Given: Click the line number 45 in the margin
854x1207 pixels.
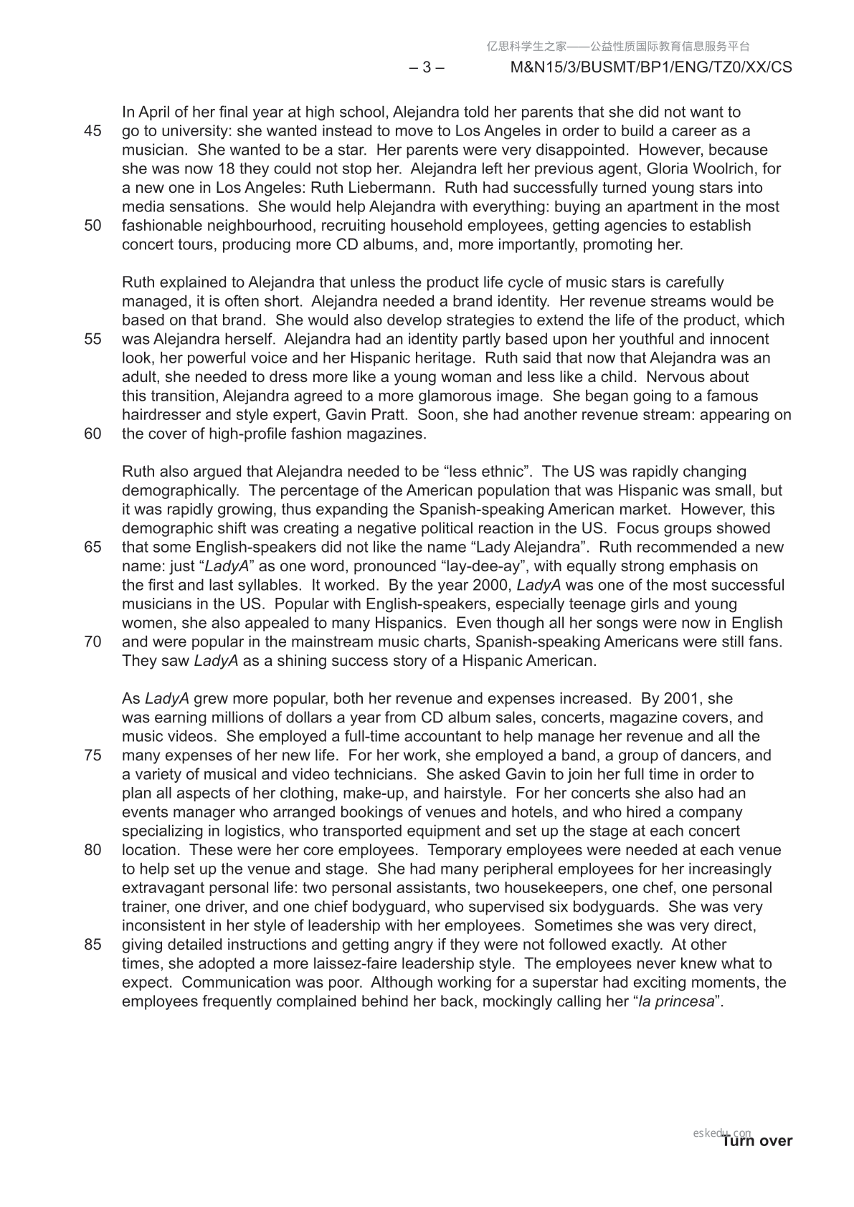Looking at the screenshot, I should point(92,131).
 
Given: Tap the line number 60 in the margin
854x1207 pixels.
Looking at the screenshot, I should point(92,434).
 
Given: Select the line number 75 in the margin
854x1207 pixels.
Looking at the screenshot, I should point(92,755).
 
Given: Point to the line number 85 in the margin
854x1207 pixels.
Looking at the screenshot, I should point(92,945).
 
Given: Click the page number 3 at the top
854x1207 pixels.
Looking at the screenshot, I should point(427,67).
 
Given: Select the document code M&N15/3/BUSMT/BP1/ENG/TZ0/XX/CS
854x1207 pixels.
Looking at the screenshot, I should point(650,67).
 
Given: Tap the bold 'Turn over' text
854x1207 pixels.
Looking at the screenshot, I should point(757,1141).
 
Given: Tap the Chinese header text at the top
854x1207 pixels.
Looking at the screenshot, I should point(618,47).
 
